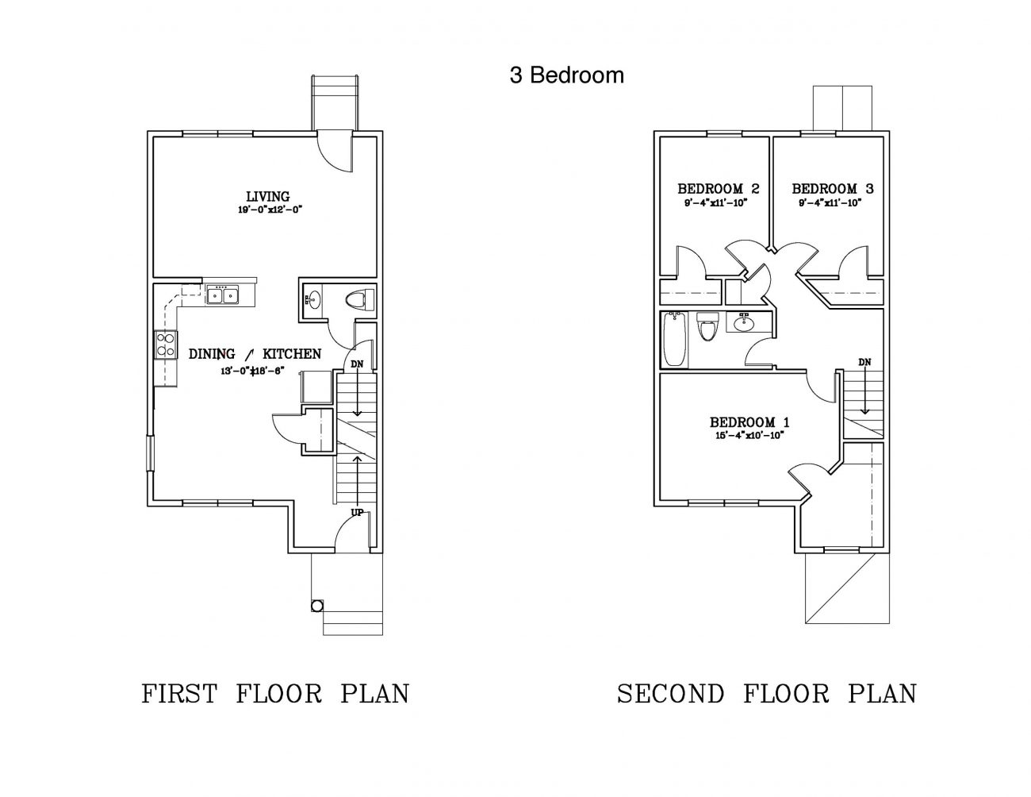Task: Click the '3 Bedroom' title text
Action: (566, 75)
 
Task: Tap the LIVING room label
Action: (267, 196)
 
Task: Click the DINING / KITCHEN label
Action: (255, 354)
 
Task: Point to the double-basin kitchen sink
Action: (223, 296)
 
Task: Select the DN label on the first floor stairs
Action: (357, 364)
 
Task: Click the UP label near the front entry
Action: (357, 513)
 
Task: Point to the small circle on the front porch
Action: (316, 606)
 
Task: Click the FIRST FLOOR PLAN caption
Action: (275, 694)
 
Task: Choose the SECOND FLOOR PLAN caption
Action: (766, 694)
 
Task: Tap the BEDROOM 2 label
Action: (718, 189)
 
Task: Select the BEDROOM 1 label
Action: (749, 422)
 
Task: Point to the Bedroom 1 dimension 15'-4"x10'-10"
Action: (749, 435)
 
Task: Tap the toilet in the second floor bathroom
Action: (707, 327)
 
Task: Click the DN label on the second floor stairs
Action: (864, 363)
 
